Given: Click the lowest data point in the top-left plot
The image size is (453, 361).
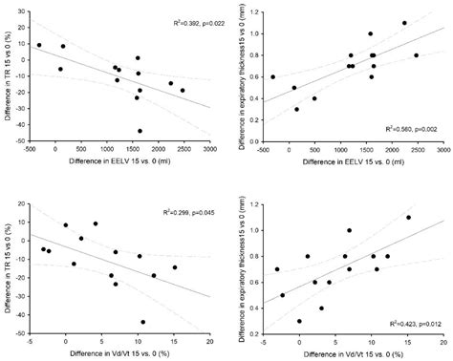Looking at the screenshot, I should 140,131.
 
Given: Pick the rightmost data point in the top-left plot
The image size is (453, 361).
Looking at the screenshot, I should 183,91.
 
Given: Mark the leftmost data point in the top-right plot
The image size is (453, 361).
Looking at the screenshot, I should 273,77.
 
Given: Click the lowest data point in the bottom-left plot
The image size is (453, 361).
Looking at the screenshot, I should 143,322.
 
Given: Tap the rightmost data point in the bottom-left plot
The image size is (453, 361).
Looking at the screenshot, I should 174,267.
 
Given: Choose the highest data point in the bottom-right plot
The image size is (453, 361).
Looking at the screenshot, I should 408,218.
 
